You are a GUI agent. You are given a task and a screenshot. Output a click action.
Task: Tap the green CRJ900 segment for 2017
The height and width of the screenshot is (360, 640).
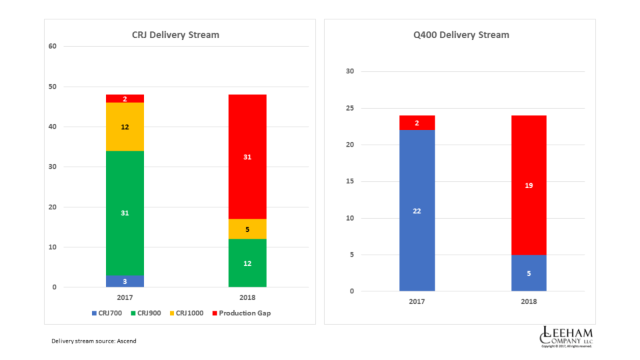[x=125, y=213]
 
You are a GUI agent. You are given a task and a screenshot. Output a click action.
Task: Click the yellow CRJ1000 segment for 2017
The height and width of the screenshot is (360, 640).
[x=125, y=127]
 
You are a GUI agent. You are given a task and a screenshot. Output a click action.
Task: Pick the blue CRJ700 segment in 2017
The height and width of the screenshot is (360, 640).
[x=125, y=281]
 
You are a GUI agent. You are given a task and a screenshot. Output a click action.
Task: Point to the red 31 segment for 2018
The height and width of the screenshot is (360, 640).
[x=247, y=157]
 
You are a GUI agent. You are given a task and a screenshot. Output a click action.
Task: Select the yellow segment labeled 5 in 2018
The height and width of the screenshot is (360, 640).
[x=247, y=229]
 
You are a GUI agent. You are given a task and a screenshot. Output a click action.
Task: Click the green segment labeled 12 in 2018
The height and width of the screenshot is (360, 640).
[x=247, y=263]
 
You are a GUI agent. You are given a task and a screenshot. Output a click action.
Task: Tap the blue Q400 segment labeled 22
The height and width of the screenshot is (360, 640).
[x=417, y=211]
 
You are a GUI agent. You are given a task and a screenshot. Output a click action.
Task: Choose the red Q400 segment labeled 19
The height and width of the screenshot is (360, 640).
[x=529, y=185]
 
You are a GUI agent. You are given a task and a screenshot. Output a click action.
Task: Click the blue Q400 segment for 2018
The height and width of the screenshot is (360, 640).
[x=529, y=273]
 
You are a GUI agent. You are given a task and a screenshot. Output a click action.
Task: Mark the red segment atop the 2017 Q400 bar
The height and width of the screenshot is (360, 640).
[x=417, y=123]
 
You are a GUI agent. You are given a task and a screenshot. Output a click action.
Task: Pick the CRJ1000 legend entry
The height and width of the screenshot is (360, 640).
[x=186, y=313]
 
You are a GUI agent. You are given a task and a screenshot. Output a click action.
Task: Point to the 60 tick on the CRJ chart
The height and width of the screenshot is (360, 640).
[x=53, y=46]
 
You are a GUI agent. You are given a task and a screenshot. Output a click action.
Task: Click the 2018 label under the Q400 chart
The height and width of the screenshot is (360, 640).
[x=529, y=301]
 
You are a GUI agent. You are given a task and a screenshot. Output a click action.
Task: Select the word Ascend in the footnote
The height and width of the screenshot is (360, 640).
[x=127, y=341]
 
